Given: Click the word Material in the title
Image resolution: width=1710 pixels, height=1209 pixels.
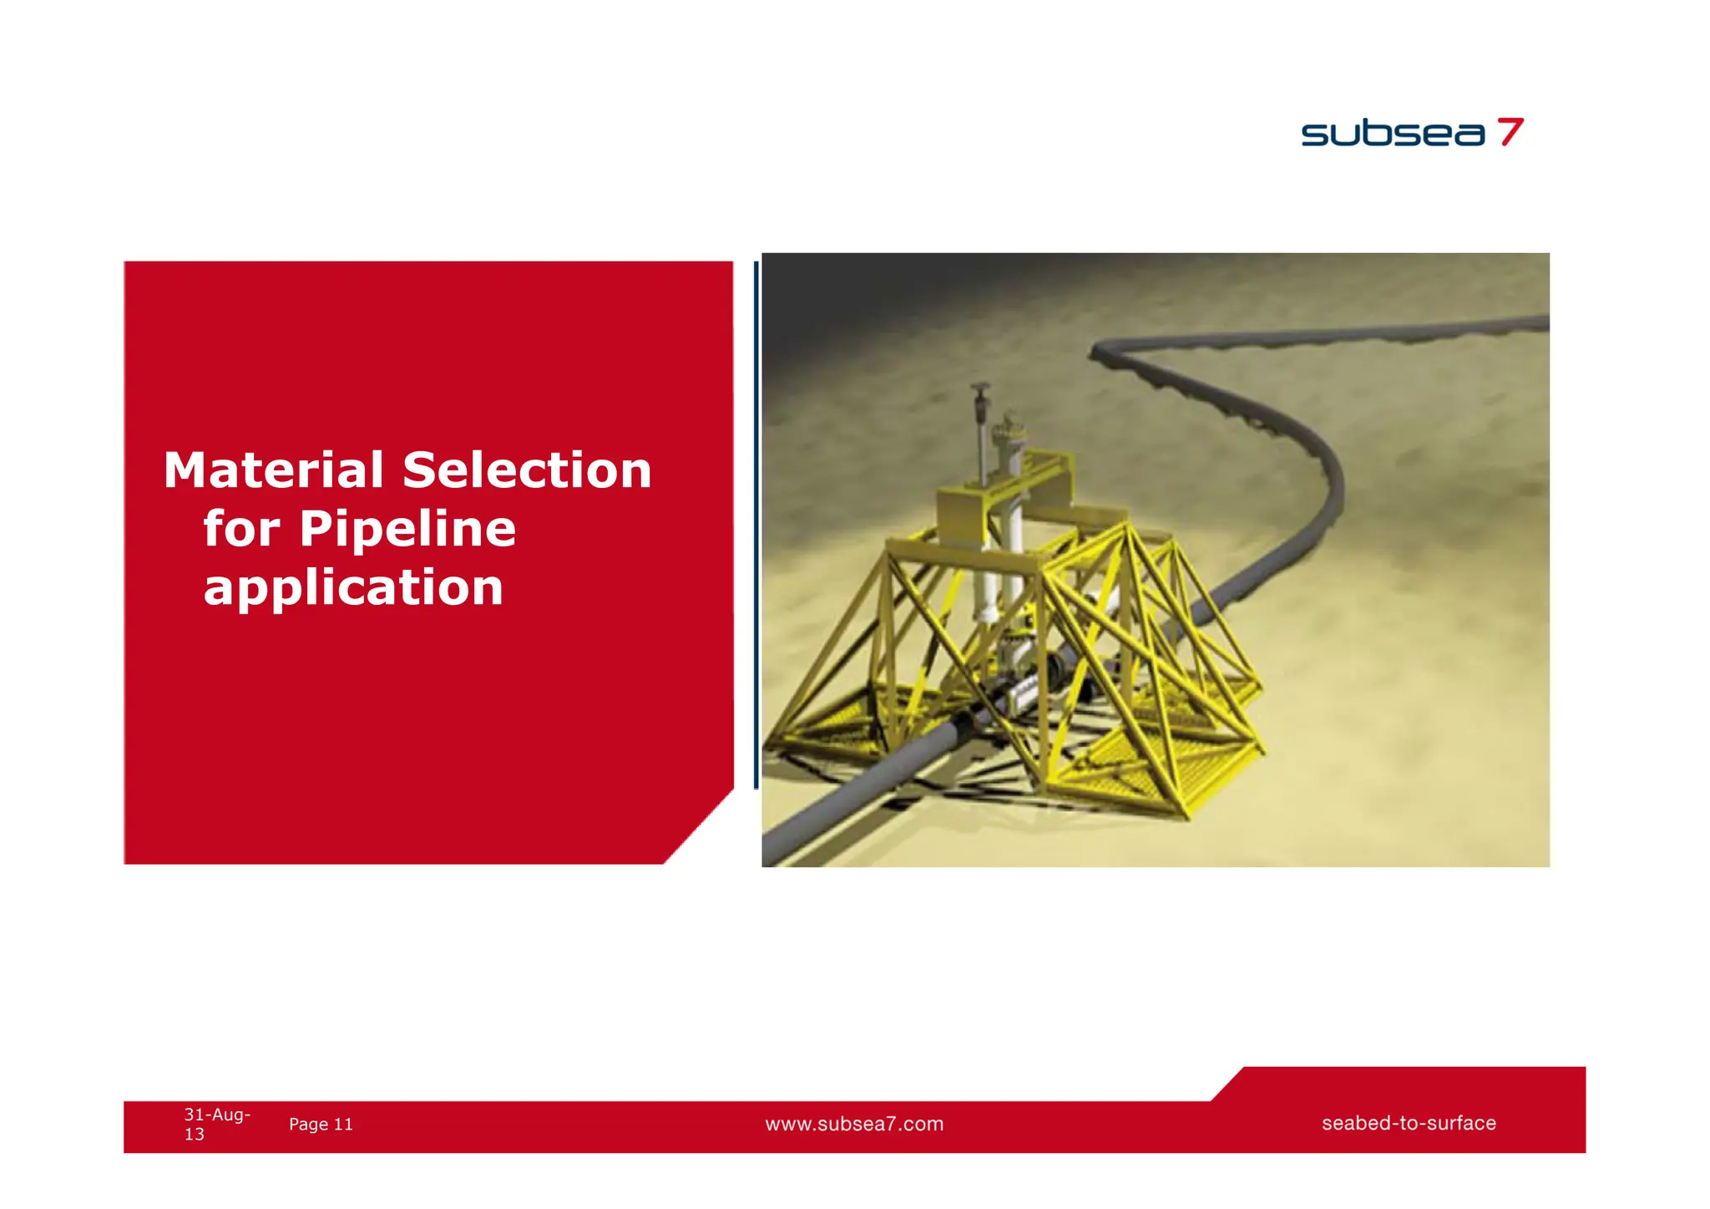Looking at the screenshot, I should (x=272, y=470).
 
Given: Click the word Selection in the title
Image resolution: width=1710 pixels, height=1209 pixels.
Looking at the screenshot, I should (x=527, y=470).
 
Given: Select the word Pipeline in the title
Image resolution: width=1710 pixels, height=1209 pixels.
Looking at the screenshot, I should (x=407, y=529).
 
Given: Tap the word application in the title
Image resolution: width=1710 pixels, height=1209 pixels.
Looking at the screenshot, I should (x=353, y=587).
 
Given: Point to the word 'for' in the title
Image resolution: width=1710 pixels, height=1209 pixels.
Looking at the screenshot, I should (x=240, y=529).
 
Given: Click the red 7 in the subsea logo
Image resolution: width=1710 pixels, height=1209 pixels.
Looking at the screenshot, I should (x=1510, y=132).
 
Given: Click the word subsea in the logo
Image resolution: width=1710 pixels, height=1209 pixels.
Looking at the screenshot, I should (x=1393, y=134).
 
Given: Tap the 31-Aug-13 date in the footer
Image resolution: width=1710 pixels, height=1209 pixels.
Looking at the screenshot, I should (x=215, y=1124).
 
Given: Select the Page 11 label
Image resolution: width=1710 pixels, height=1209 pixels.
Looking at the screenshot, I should (x=321, y=1125).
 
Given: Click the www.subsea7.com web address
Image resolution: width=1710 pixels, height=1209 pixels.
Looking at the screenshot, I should (x=854, y=1125).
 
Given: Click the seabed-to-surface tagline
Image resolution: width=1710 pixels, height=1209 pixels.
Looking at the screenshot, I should (x=1409, y=1124).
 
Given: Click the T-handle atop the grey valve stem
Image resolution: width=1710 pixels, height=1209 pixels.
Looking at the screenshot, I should (x=980, y=389).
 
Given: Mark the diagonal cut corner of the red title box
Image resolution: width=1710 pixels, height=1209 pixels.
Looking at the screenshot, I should (x=700, y=826).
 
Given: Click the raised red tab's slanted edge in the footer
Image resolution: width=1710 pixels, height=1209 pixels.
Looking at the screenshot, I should (x=1227, y=1085).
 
